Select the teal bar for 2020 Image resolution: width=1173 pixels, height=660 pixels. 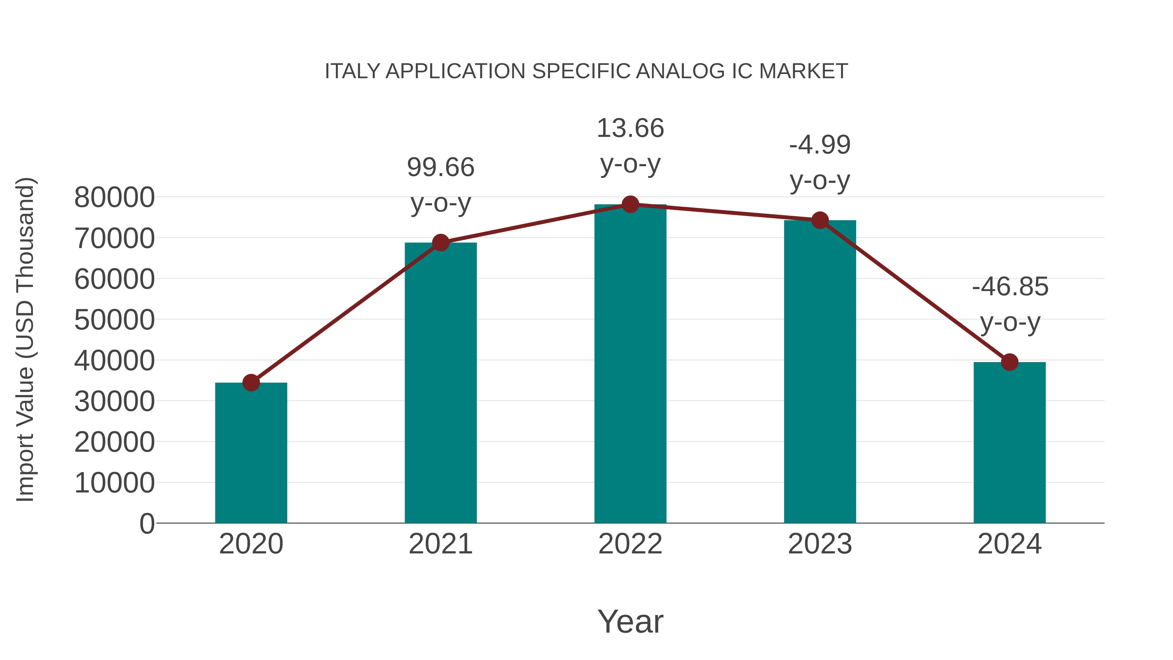coord(251,453)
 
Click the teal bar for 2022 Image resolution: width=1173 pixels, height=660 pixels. coord(630,364)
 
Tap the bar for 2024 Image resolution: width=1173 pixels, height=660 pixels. coord(1009,443)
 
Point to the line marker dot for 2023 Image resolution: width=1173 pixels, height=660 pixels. coord(820,220)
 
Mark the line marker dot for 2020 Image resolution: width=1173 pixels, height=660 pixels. coord(251,383)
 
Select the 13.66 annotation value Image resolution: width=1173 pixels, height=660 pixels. coord(630,128)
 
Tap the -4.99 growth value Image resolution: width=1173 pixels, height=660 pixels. coord(820,145)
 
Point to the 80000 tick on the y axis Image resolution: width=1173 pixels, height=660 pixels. coord(114,198)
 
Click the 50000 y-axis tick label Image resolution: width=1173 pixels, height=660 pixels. coord(114,320)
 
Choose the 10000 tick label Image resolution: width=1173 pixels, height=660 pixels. coord(114,483)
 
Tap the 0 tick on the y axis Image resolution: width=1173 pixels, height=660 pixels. coord(147,523)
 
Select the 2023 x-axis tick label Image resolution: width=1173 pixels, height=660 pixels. coord(820,544)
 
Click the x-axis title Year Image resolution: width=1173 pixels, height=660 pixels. coord(630,621)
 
